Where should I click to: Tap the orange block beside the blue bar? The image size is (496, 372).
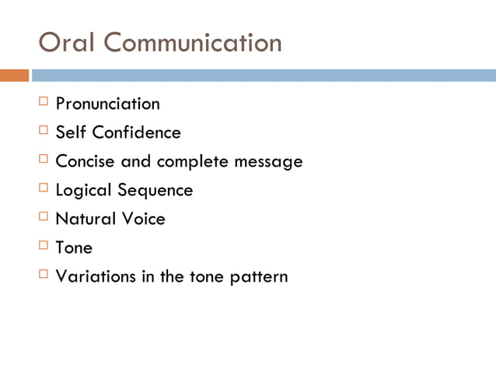tap(14, 75)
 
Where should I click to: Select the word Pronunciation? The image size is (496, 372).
tap(107, 104)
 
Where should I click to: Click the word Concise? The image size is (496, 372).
tap(85, 162)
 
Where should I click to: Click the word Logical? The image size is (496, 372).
tap(84, 191)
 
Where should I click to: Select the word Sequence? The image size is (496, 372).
tap(155, 191)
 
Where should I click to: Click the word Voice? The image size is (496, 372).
tap(144, 219)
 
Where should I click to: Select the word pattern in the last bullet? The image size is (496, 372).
tap(258, 276)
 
